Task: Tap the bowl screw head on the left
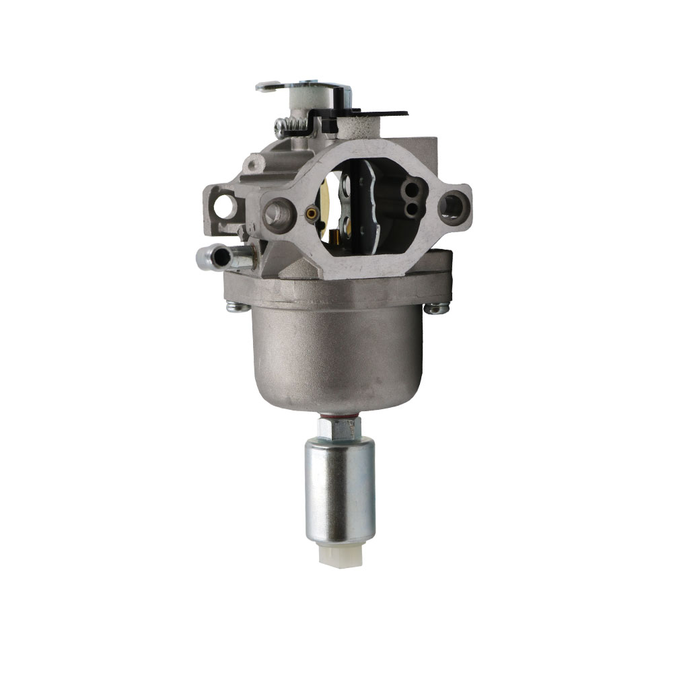pos(236,307)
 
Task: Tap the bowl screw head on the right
pos(436,308)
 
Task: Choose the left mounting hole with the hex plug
pos(277,213)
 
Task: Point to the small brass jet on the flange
pos(311,214)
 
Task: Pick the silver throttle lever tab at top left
pos(269,87)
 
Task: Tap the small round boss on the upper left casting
pos(254,164)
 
